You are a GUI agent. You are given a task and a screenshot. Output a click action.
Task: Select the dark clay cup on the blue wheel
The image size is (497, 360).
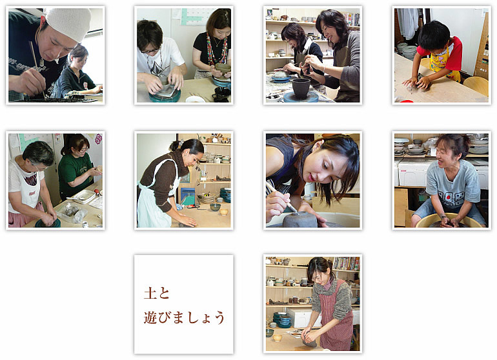point(301,88)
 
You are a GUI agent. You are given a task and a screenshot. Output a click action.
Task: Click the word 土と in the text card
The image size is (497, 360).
point(157,293)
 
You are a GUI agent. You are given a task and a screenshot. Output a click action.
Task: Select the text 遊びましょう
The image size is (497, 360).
point(184,317)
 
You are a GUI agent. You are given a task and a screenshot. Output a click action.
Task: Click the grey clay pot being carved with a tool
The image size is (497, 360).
point(300,219)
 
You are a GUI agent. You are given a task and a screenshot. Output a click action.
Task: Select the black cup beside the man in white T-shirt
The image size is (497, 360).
point(221,94)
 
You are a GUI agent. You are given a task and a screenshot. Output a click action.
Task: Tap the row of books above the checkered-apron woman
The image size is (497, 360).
point(347,264)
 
